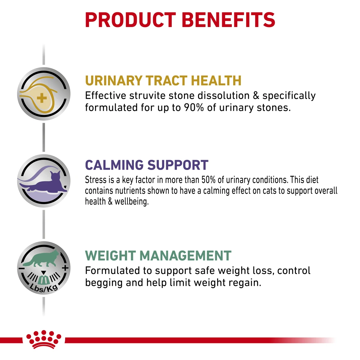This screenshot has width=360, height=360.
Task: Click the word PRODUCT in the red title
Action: coord(131,20)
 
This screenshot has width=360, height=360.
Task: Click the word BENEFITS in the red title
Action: coord(229,20)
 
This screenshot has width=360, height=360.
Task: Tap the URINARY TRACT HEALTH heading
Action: coord(163,81)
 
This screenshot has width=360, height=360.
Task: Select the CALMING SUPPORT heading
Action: coord(147,165)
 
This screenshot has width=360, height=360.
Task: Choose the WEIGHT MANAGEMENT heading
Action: coord(158,256)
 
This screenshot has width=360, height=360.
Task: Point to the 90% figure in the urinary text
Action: coord(194,107)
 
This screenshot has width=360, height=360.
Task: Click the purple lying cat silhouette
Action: coord(44,181)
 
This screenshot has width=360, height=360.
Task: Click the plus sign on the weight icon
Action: coord(65,268)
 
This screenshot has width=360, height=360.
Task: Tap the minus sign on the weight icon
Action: coord(21,269)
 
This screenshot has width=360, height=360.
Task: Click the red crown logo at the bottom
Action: coord(44,339)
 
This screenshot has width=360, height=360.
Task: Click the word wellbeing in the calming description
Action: coord(131,202)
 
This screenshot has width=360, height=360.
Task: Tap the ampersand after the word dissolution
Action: coord(256,95)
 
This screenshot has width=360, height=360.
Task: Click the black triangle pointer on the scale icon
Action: coord(44,273)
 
